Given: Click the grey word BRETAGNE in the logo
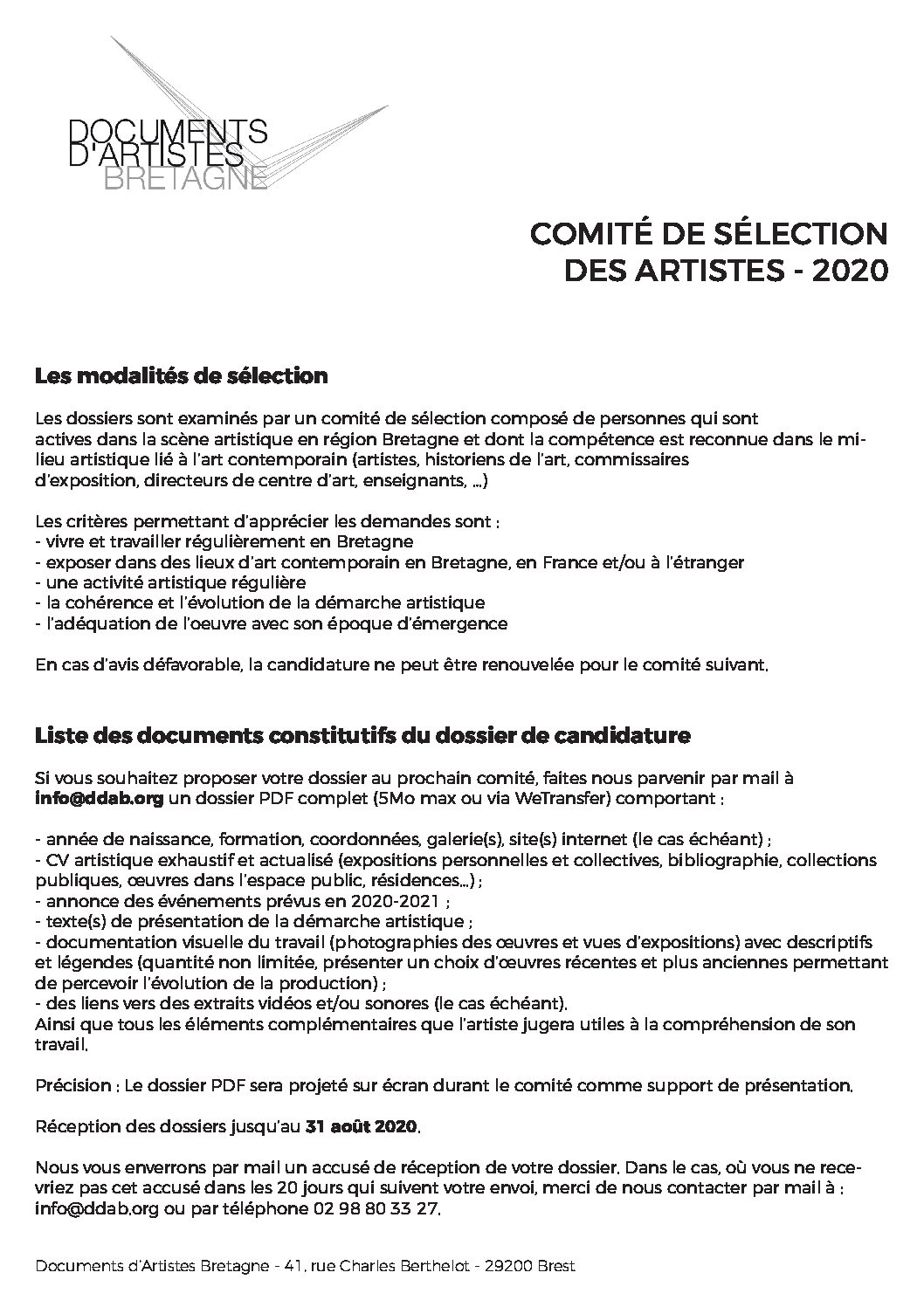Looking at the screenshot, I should tap(185, 177).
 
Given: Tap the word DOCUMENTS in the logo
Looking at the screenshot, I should tap(168, 131).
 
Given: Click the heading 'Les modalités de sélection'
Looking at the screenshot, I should tap(182, 376).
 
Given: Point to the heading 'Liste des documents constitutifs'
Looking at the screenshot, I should tap(362, 735).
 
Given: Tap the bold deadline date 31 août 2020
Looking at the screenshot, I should tap(362, 1127).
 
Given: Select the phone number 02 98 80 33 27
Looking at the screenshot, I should tap(376, 1209).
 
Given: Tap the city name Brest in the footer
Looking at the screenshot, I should tap(555, 1267).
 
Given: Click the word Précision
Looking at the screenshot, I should tap(73, 1086).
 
